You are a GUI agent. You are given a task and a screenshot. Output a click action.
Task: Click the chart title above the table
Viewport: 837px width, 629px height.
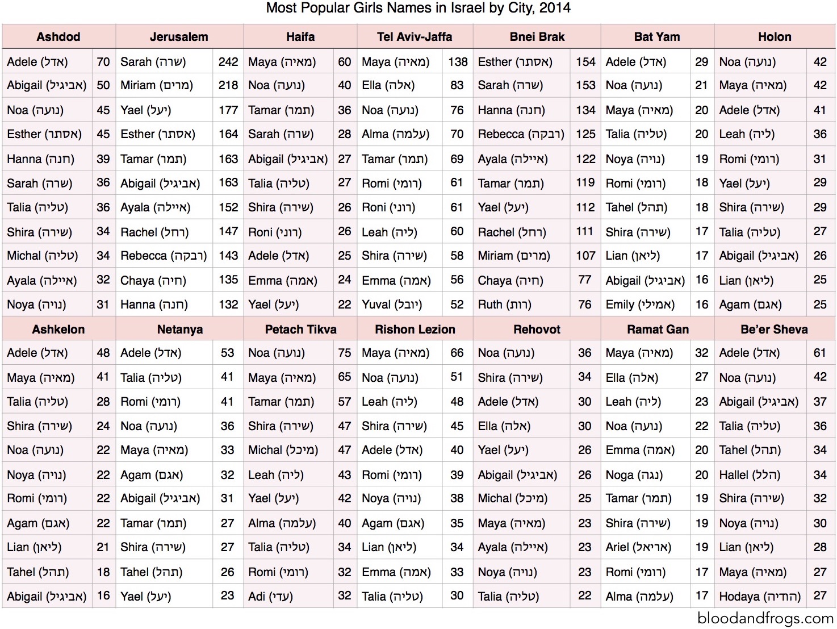click(x=418, y=8)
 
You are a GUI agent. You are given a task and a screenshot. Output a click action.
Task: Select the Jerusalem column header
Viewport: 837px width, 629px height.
click(x=179, y=37)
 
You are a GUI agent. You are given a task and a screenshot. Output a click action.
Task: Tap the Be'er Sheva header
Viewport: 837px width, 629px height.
click(x=774, y=330)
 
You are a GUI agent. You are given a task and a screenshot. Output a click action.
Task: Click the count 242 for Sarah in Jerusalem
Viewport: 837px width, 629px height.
click(x=228, y=62)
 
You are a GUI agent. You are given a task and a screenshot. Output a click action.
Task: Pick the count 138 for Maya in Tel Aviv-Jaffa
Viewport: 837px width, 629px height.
click(x=458, y=62)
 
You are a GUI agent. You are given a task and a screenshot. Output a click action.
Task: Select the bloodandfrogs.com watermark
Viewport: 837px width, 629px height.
click(x=765, y=618)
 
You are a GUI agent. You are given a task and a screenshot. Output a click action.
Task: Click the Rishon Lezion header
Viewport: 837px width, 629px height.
click(x=415, y=330)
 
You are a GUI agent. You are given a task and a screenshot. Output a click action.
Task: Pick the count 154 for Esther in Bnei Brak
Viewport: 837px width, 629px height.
click(x=585, y=62)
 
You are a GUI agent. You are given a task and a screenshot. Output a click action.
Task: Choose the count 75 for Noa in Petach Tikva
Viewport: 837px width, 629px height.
click(x=345, y=353)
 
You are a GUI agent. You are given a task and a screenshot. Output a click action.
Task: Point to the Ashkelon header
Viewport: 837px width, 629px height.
click(x=58, y=330)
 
